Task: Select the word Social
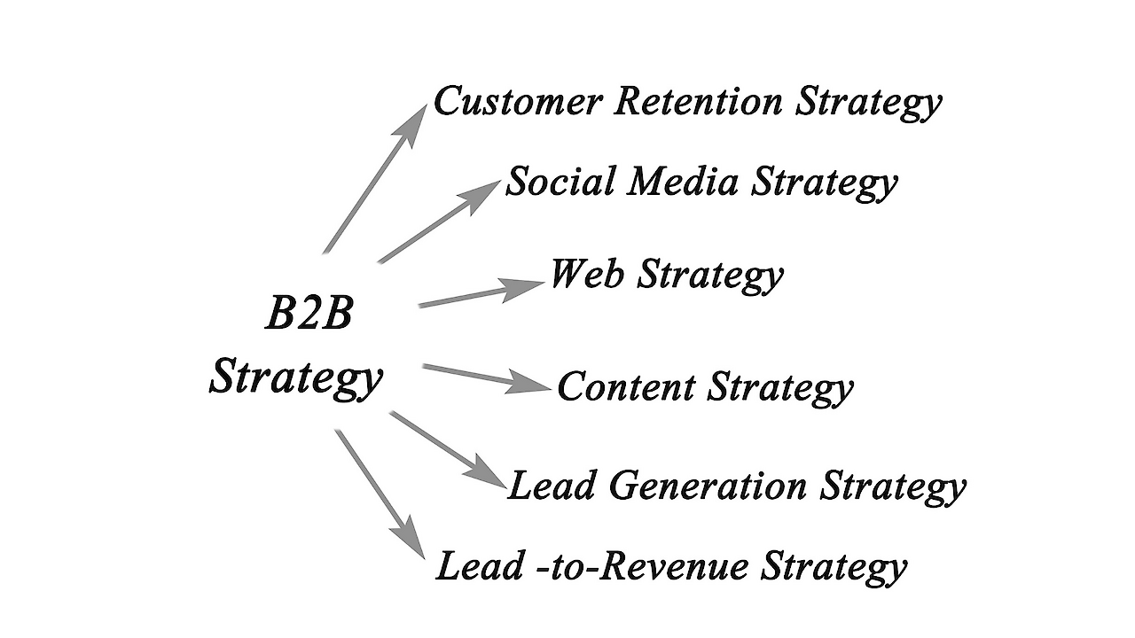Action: [560, 182]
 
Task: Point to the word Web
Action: [587, 274]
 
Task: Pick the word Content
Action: [626, 387]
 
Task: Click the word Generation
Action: [706, 486]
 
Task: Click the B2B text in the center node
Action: [309, 315]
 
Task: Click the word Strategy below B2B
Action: [296, 377]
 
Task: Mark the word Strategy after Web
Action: [711, 276]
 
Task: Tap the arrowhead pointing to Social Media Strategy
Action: [483, 191]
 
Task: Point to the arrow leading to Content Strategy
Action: [483, 376]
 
